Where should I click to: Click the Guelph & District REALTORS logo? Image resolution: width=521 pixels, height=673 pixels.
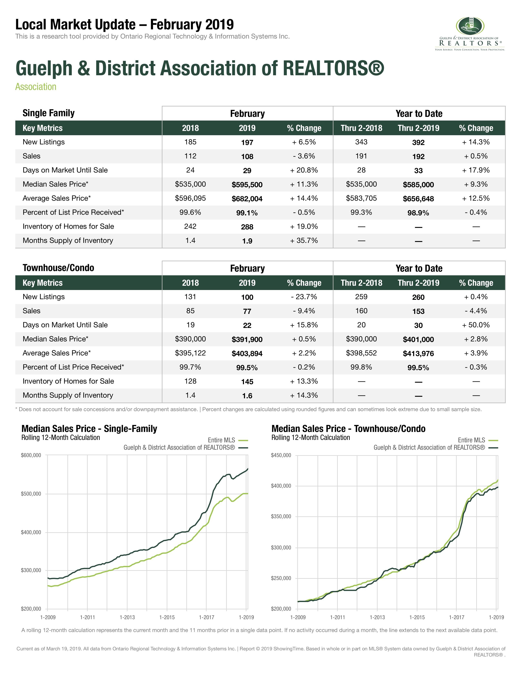click(470, 34)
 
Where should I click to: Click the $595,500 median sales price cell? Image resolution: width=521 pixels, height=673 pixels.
click(247, 185)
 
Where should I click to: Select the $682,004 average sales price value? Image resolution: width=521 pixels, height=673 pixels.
click(247, 199)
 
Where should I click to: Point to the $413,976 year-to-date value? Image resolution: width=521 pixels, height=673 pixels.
click(418, 353)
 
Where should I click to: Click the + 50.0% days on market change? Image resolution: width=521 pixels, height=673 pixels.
click(476, 325)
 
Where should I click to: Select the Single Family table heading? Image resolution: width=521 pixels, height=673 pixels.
click(48, 113)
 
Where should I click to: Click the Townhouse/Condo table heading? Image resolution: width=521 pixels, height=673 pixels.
click(58, 268)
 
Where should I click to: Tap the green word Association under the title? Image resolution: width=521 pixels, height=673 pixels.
click(36, 87)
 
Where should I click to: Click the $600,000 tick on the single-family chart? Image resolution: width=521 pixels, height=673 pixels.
click(31, 455)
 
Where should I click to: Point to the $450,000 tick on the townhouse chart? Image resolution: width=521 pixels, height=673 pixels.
click(281, 455)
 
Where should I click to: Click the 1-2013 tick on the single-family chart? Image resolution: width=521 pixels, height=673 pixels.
click(127, 617)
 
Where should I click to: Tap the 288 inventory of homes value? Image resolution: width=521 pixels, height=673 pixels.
click(247, 227)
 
